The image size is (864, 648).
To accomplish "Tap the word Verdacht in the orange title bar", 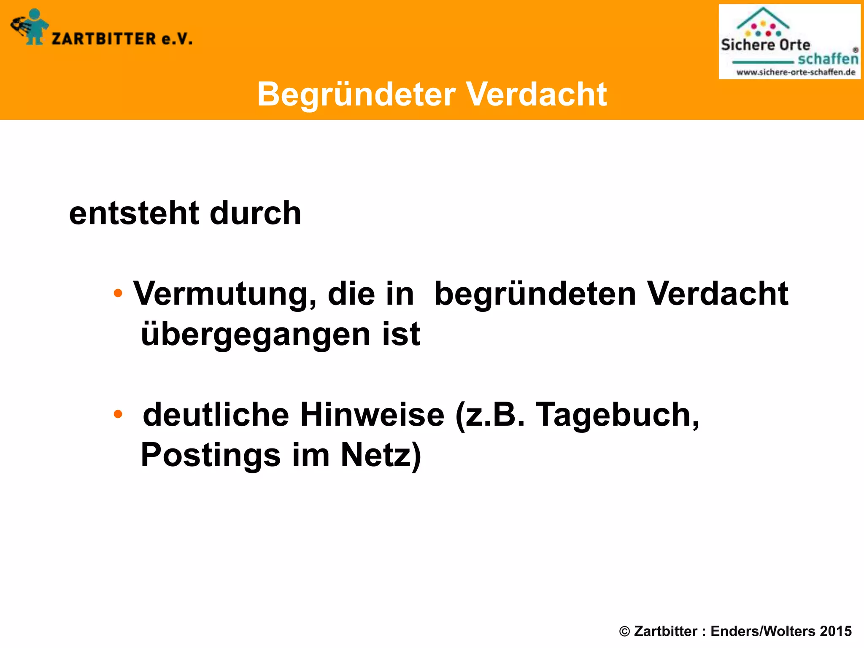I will [536, 94].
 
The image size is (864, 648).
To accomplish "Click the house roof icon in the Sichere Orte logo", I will [763, 18].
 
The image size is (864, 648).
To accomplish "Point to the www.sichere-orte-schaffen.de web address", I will [796, 72].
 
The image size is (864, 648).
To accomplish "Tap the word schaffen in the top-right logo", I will [828, 59].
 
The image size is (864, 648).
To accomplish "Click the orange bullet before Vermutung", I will [118, 293].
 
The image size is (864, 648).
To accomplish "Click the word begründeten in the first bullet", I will [535, 294].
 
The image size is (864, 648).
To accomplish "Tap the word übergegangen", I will [256, 335].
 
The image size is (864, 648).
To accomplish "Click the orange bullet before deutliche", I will [118, 414].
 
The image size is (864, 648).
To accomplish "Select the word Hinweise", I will [372, 415].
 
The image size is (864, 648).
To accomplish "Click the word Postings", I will [211, 455].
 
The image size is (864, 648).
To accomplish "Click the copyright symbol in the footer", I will [624, 631].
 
